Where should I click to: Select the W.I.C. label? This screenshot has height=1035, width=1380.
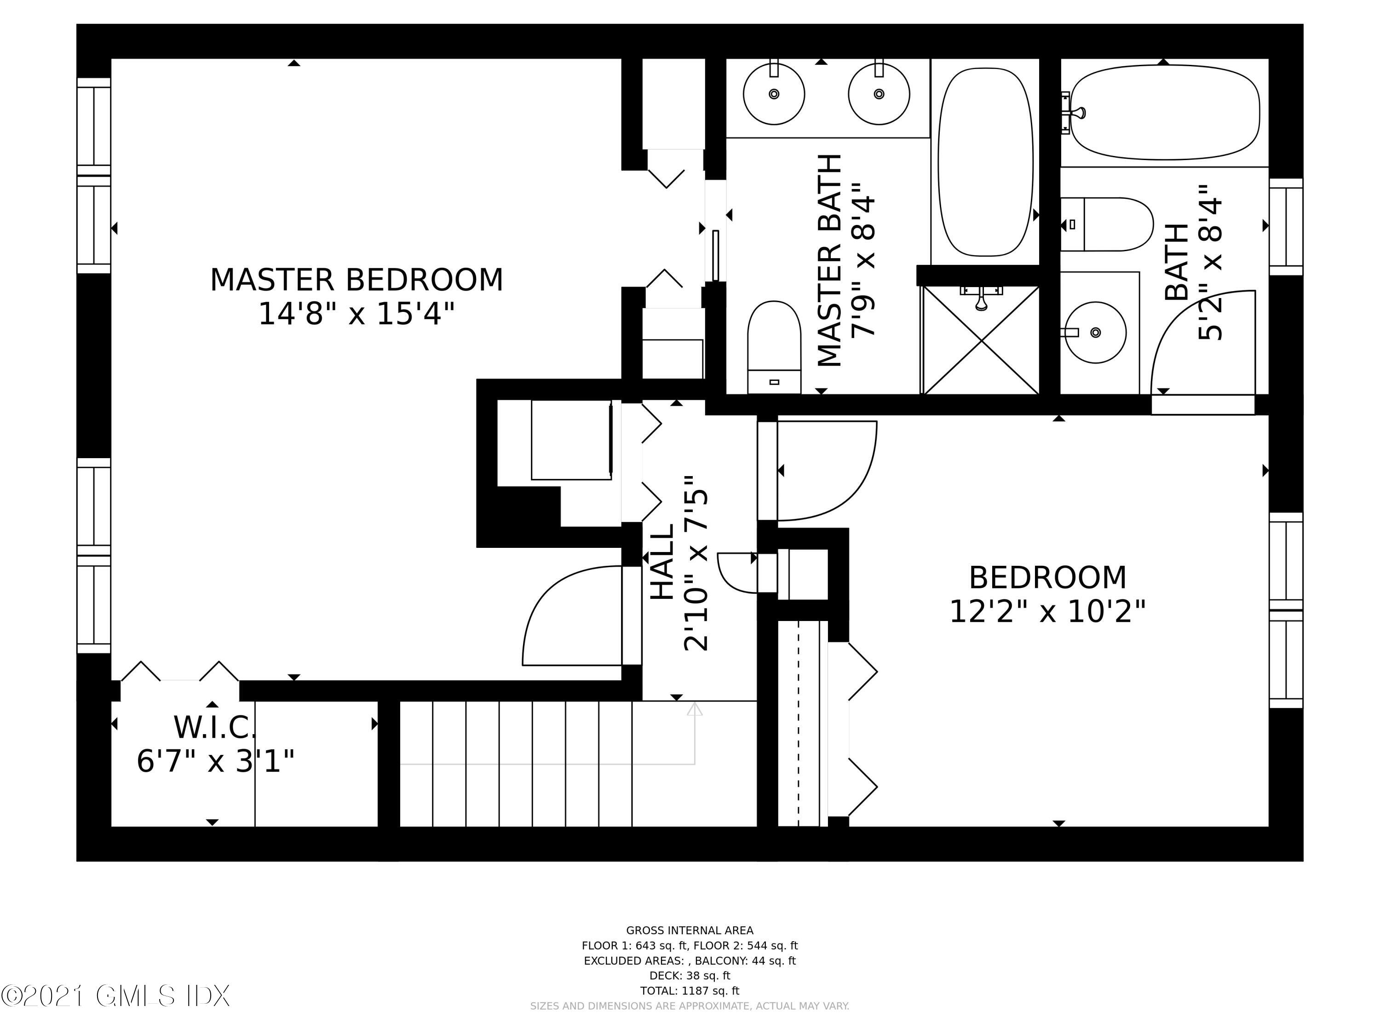click(x=215, y=727)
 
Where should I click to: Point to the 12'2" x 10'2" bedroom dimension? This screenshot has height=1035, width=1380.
click(x=1047, y=611)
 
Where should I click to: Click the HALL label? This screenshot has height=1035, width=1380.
click(x=662, y=562)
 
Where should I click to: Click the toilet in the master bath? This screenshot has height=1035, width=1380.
click(x=774, y=347)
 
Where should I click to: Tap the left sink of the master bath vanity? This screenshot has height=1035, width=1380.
click(x=774, y=94)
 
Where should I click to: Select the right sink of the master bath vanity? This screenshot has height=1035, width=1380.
click(x=879, y=94)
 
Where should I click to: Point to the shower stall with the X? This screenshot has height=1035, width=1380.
click(x=981, y=341)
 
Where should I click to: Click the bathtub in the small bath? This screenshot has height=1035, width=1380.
click(x=1164, y=113)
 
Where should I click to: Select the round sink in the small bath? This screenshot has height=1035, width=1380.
click(x=1096, y=333)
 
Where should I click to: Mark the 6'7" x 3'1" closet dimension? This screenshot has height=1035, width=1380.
click(x=215, y=761)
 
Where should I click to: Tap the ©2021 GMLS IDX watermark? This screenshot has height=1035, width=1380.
click(x=115, y=996)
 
